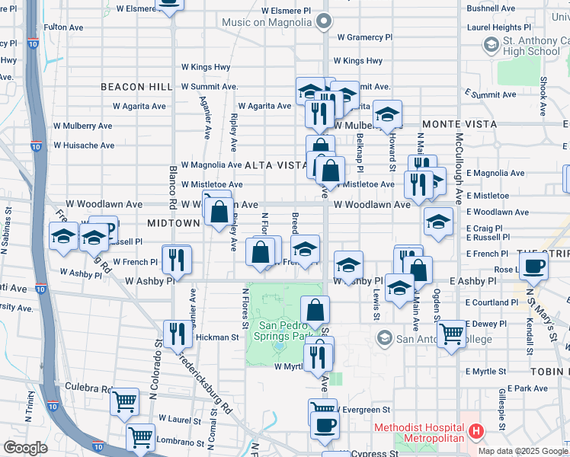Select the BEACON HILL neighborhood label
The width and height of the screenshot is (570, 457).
click(137, 88)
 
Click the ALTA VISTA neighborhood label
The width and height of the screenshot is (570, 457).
click(276, 165)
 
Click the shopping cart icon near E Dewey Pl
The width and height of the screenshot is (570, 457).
click(452, 333)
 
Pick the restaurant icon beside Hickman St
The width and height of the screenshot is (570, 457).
click(176, 334)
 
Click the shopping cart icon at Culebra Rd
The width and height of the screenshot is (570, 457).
click(124, 401)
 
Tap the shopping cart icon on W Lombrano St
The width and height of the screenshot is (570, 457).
click(140, 437)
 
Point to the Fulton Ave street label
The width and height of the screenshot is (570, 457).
click(63, 27)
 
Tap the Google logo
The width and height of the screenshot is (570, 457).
click(25, 448)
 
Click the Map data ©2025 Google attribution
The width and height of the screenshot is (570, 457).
click(521, 451)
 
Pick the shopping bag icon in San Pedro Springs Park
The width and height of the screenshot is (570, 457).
click(315, 310)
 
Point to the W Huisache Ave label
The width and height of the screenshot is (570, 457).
click(83, 145)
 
